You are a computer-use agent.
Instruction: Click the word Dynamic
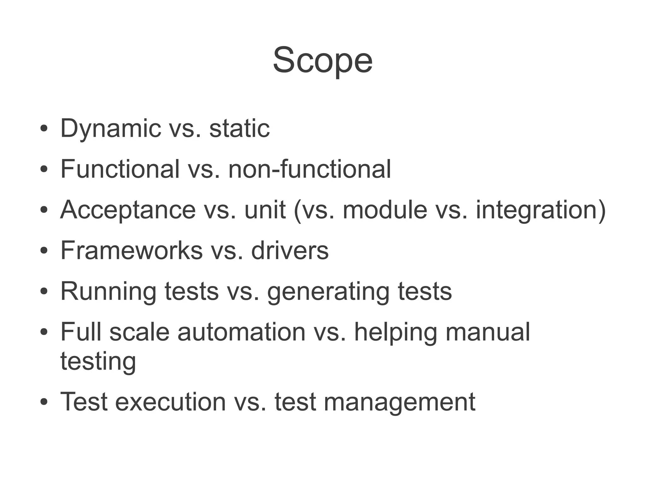(111, 129)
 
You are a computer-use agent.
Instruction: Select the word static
(239, 129)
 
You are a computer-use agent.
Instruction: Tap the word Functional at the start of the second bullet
(120, 169)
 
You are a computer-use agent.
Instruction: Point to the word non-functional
(309, 169)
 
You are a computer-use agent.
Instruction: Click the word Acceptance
(128, 210)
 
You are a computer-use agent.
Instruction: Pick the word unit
(265, 210)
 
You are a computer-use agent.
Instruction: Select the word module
(385, 210)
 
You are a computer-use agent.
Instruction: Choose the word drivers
(290, 251)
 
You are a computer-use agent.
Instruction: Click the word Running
(108, 292)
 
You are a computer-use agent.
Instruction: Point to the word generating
(328, 292)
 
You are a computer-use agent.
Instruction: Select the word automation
(241, 332)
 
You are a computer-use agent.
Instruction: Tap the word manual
(488, 332)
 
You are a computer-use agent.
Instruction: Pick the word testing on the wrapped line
(98, 361)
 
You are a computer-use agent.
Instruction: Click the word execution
(170, 402)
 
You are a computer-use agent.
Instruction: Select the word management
(399, 402)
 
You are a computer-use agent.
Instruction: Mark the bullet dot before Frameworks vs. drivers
(44, 251)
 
